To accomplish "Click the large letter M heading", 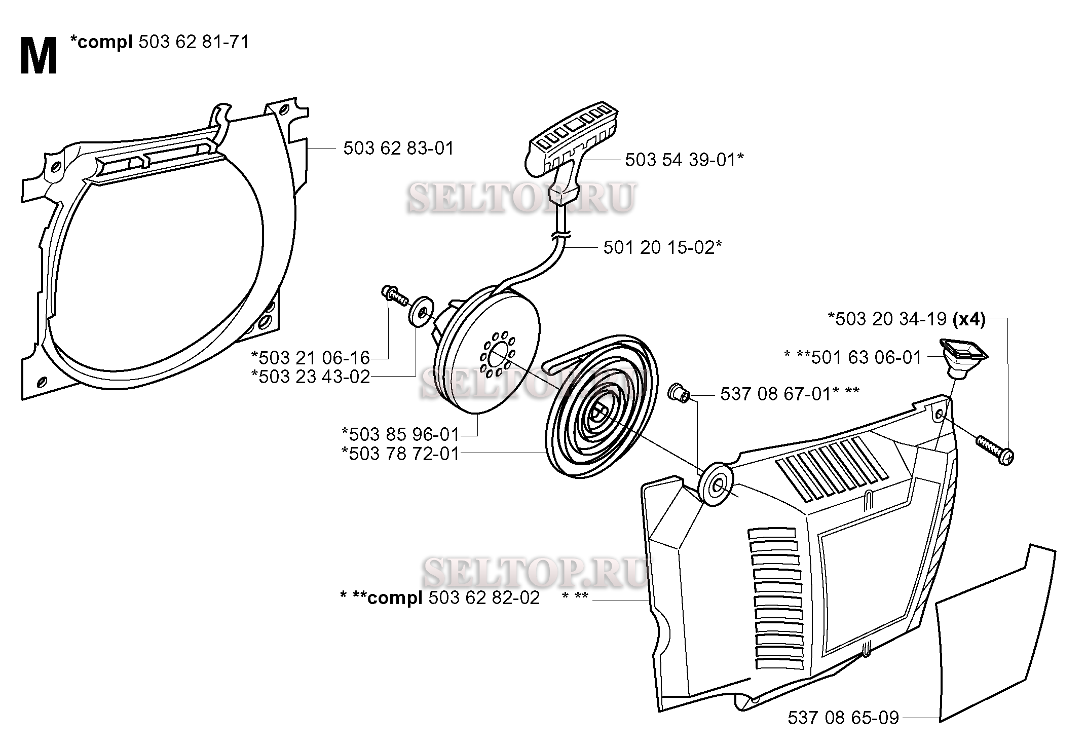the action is pyautogui.click(x=39, y=57).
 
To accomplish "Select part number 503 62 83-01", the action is pyautogui.click(x=398, y=148).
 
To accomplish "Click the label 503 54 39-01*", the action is pyautogui.click(x=684, y=160).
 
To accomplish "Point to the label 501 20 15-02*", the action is pyautogui.click(x=662, y=247).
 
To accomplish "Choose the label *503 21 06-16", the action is pyautogui.click(x=311, y=358).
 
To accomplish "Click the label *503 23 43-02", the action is pyautogui.click(x=311, y=377).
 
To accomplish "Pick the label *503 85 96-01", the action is pyautogui.click(x=400, y=434).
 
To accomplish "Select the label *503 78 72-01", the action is pyautogui.click(x=400, y=454).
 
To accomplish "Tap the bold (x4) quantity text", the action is pyautogui.click(x=969, y=319).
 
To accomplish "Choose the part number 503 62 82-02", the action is pyautogui.click(x=484, y=597).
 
